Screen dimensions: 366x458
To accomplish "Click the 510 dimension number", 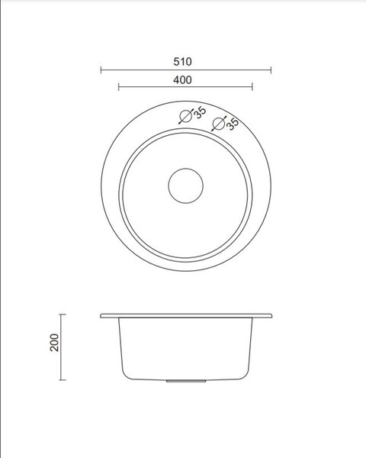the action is (x=182, y=62).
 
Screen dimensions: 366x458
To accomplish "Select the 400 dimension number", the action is (x=182, y=79).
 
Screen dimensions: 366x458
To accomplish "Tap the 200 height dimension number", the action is (x=55, y=342).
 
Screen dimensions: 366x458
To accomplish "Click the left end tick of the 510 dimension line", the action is (x=101, y=70).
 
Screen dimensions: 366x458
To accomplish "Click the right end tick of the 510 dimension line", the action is (x=271, y=70).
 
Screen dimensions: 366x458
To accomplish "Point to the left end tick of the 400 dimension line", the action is (x=119, y=87).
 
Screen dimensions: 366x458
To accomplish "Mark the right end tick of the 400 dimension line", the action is (x=252, y=87).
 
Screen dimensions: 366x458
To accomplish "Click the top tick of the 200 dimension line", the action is (x=63, y=314).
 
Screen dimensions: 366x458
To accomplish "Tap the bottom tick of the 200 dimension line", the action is (x=63, y=379).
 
